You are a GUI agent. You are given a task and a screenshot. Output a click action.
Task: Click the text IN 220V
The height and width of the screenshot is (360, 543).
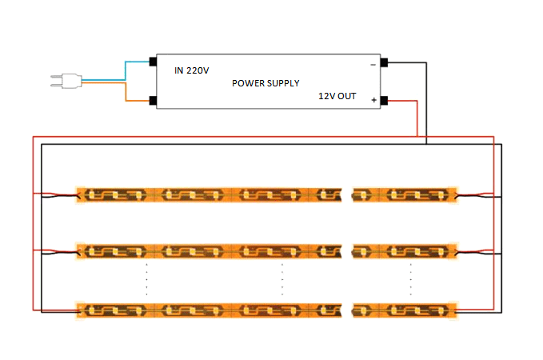(x=191, y=70)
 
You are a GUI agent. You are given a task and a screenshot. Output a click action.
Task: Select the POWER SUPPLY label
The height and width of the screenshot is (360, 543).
(x=266, y=83)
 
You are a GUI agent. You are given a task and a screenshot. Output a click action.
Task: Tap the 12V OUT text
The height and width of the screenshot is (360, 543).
(x=337, y=96)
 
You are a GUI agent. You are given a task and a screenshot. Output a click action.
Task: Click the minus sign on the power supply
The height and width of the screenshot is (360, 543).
(x=373, y=65)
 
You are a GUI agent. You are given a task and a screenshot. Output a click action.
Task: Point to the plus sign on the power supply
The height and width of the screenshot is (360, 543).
(x=373, y=100)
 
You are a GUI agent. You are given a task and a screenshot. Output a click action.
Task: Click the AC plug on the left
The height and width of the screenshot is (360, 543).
(x=66, y=81)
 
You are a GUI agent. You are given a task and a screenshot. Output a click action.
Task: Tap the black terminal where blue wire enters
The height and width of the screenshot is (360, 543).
(x=153, y=62)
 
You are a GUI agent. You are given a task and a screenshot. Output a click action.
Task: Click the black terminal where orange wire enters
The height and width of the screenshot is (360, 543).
(x=153, y=101)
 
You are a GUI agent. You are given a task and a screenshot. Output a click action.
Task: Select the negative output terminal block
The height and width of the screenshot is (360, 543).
(x=384, y=62)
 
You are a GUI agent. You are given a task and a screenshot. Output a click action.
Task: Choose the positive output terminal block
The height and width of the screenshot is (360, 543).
(x=384, y=101)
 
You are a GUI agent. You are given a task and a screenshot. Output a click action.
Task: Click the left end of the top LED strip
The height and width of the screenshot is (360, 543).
(x=80, y=195)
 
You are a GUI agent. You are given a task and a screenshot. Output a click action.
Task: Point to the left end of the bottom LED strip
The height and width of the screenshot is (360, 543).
(x=80, y=310)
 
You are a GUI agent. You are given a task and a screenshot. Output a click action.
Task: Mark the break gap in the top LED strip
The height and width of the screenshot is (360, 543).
(x=346, y=195)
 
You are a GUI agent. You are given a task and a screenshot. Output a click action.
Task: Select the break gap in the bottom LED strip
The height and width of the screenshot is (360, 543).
(x=346, y=310)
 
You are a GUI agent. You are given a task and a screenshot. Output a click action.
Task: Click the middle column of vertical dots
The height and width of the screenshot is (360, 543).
(x=282, y=279)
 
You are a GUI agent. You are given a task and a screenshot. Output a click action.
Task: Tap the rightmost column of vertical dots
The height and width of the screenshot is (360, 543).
(x=411, y=279)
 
